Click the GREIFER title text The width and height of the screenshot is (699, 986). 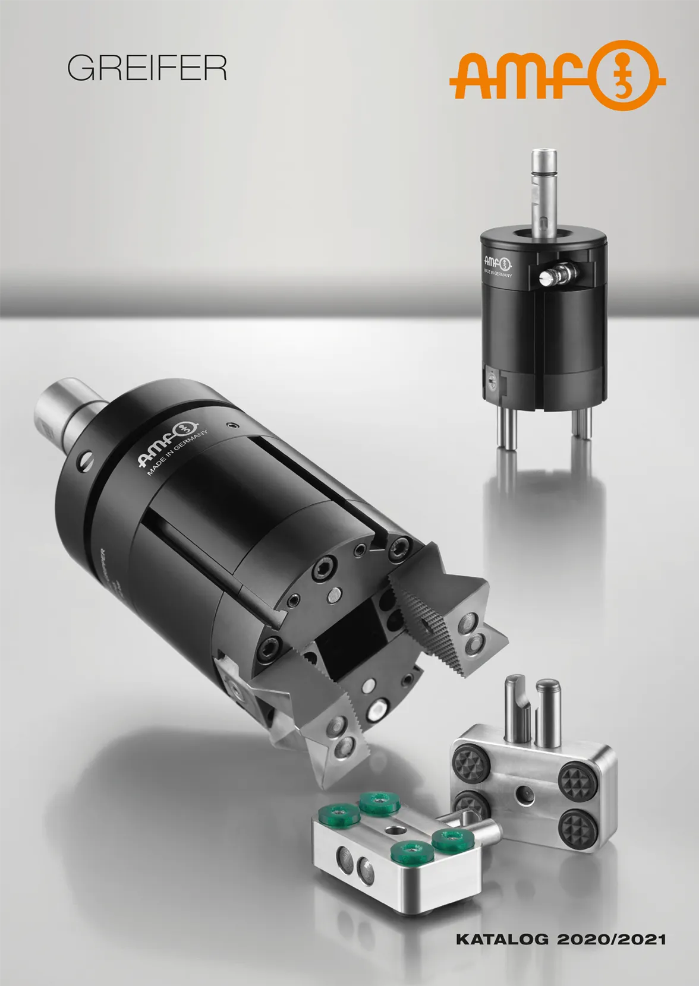pos(147,69)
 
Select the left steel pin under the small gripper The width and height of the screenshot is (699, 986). pos(506,429)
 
